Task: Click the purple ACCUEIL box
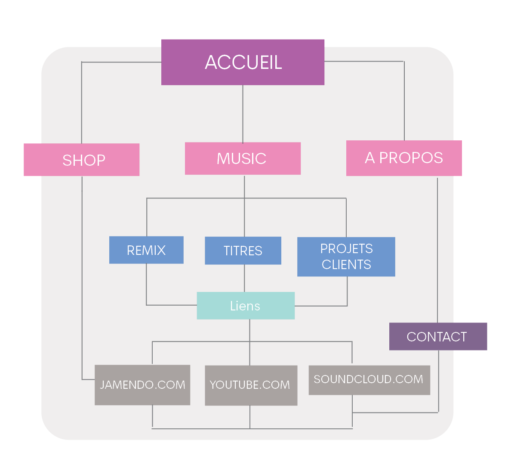[x=243, y=62]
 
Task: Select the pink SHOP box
[x=82, y=160]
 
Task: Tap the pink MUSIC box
[x=243, y=158]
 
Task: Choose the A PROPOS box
[x=404, y=158]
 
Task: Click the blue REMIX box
[x=146, y=250]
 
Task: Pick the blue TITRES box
[x=243, y=251]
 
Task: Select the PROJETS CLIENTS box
[x=346, y=257]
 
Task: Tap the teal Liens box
[x=246, y=306]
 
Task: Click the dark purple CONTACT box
[x=438, y=336]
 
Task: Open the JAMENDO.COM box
[x=142, y=385]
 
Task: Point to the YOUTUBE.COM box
[x=251, y=385]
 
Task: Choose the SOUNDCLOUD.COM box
[x=369, y=380]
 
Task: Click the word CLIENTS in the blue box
[x=346, y=264]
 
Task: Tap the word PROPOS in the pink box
[x=411, y=158]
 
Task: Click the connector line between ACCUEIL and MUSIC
[x=243, y=114]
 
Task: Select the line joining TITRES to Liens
[x=245, y=278]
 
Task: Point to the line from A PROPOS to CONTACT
[x=437, y=250]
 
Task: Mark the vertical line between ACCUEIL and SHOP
[x=82, y=103]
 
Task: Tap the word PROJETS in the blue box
[x=346, y=248]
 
